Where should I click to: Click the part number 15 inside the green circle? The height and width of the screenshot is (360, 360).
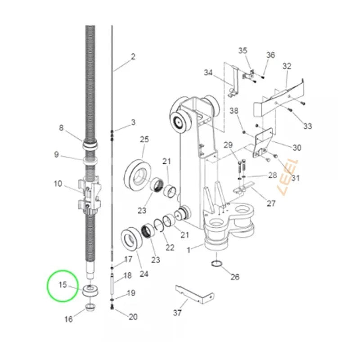pos(63,285)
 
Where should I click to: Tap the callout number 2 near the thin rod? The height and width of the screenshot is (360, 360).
pos(133,57)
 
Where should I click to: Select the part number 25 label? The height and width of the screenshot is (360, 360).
pos(144,139)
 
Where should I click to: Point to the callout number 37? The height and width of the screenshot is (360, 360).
pos(177,312)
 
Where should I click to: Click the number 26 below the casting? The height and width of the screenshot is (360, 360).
pos(235,277)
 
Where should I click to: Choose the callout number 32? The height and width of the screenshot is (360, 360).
pos(287,66)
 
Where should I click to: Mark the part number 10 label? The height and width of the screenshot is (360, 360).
pos(58,184)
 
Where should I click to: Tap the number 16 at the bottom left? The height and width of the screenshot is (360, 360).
pos(68,319)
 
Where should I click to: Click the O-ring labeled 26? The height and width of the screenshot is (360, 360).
pos(216,264)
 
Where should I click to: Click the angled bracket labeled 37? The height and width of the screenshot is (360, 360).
pos(195,295)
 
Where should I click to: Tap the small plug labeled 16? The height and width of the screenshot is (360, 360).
pos(90,307)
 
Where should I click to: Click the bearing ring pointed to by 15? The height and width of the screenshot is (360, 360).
pos(90,291)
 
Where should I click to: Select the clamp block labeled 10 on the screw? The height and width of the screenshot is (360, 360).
pos(90,195)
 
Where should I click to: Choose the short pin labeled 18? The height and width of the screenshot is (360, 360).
pos(112,284)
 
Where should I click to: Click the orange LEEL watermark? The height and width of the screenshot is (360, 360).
pos(288,177)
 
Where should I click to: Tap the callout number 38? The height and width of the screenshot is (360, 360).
pos(234,111)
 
